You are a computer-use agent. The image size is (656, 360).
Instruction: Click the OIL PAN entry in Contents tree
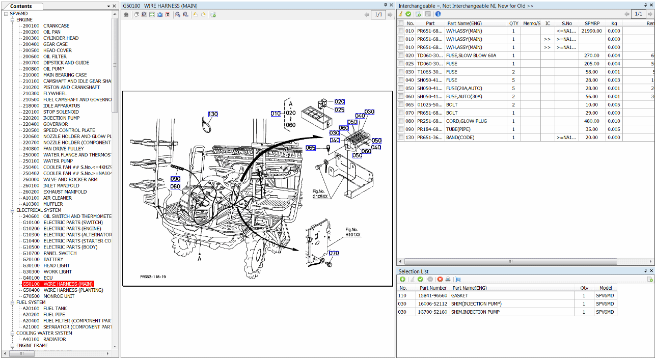52,32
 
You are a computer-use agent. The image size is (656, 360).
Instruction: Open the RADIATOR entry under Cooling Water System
54,339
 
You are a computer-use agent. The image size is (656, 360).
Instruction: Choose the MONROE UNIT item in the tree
59,296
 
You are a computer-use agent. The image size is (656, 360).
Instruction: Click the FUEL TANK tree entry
55,309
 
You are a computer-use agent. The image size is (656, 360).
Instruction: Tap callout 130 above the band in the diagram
212,114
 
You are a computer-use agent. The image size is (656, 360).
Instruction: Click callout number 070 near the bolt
334,253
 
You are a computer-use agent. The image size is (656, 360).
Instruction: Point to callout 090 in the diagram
175,179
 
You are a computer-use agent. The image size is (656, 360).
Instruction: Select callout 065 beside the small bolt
311,148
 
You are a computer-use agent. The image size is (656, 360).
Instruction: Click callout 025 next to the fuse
340,110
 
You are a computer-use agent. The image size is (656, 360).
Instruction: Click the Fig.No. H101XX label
352,232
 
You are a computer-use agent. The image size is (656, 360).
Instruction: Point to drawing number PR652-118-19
153,278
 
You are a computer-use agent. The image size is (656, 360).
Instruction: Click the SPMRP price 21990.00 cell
592,31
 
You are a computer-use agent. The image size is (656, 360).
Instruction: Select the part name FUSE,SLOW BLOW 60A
471,56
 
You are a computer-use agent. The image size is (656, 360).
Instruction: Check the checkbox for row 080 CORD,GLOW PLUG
401,121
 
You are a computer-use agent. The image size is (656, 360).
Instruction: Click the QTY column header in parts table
514,23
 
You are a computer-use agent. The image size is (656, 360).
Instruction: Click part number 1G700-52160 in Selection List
432,312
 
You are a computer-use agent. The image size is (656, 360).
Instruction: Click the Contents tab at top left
21,6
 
